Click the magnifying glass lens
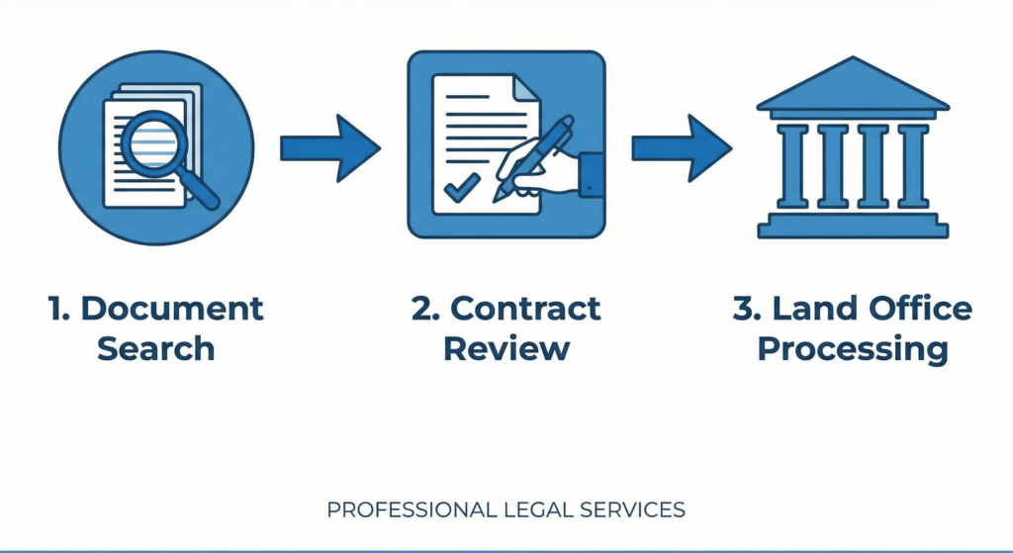click(153, 143)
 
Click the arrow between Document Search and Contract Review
click(329, 148)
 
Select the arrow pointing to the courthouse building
click(682, 148)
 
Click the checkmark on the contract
click(461, 185)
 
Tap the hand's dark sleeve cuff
click(591, 174)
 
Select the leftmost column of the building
click(792, 165)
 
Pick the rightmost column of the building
click(912, 165)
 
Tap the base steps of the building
click(852, 227)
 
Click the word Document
click(172, 308)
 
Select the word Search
click(155, 348)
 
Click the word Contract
click(525, 308)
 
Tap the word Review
click(506, 348)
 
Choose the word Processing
click(852, 349)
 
